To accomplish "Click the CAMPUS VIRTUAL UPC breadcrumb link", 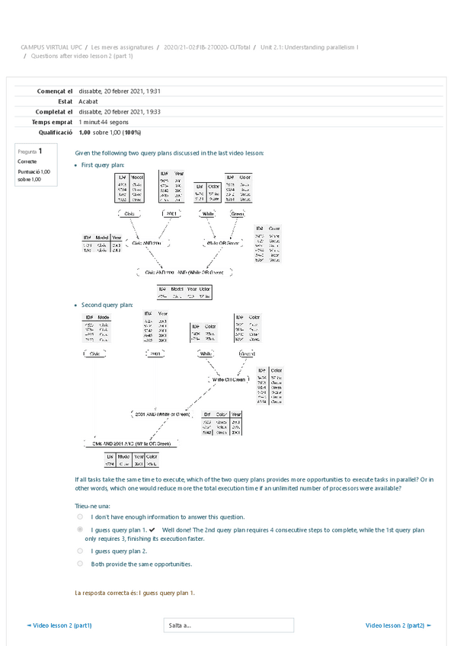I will (51, 47).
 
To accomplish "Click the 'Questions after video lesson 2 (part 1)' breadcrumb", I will (81, 56).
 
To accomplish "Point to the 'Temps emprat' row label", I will (52, 122).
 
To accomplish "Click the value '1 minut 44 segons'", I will (104, 122).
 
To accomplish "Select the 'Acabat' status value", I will (88, 101).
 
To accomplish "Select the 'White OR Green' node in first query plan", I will (222, 243).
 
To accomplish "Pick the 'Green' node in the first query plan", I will (238, 214).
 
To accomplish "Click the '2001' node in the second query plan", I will (155, 354).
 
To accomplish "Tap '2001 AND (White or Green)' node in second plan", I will (161, 414).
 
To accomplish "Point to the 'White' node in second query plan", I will (206, 354).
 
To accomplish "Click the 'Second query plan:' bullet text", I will (107, 305).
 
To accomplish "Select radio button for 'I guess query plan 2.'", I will (80, 550).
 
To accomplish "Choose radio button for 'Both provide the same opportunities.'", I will (80, 564).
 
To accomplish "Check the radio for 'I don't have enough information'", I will (80, 516).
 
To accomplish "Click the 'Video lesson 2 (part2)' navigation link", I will (398, 625).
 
